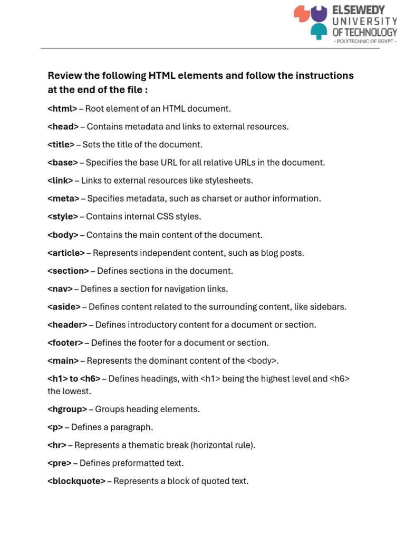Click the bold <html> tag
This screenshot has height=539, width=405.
[62, 109]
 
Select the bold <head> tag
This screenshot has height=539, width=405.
[63, 127]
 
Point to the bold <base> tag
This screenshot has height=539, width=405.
[63, 163]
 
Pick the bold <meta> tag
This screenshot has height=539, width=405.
[63, 198]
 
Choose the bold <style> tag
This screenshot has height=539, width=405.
[63, 216]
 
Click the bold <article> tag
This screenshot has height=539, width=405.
[66, 253]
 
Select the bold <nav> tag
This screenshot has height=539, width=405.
[60, 288]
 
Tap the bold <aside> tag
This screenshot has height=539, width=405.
[64, 306]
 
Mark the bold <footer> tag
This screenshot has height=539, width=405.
[65, 343]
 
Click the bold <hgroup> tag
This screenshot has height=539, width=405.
[67, 409]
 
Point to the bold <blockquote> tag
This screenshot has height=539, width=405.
[76, 481]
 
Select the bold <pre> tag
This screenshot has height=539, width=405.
[60, 463]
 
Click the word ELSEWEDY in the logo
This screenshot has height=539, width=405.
[359, 10]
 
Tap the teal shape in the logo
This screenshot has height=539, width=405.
[318, 31]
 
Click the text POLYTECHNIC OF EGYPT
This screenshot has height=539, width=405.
[364, 41]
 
